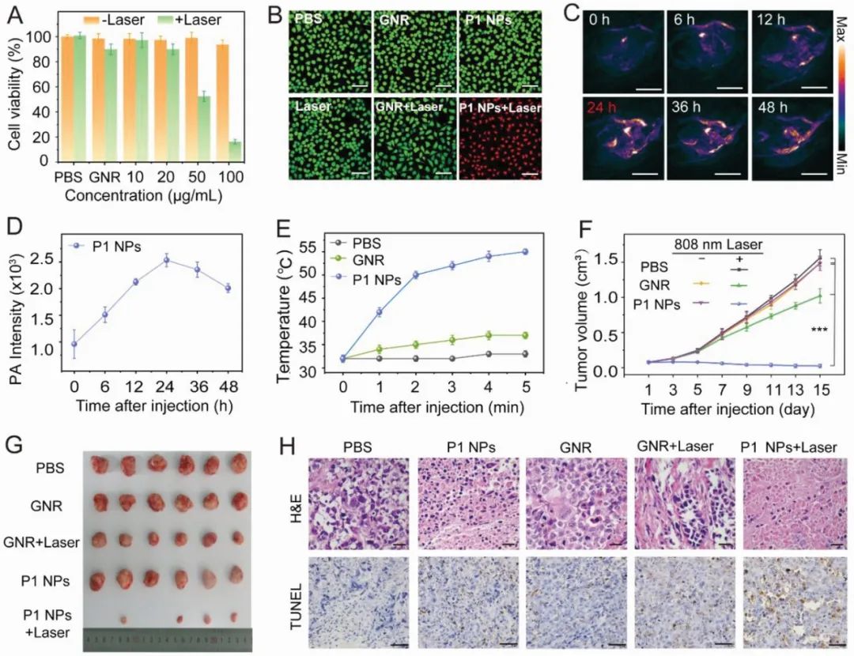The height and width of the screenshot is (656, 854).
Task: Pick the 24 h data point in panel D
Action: [166, 260]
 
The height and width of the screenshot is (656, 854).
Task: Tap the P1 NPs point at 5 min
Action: [524, 251]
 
